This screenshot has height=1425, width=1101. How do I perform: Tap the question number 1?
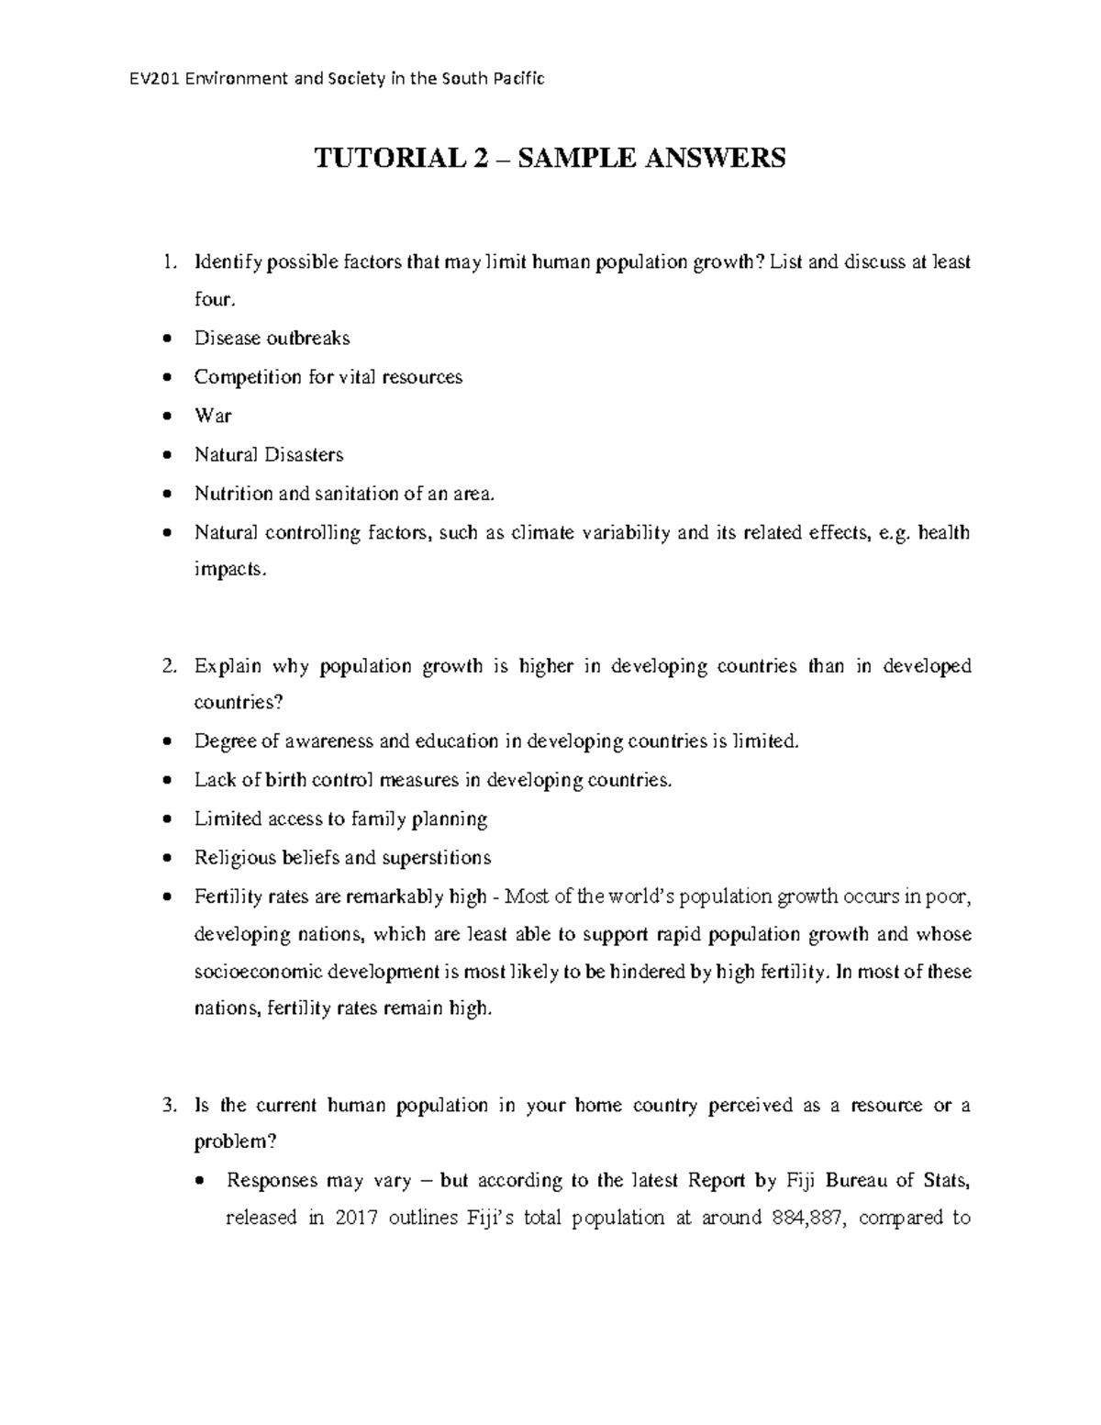165,262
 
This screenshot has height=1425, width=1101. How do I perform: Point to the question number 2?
165,666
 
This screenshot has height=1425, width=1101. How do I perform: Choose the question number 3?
165,1106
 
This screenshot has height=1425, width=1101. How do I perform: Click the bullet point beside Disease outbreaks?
165,340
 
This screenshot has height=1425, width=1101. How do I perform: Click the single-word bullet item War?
213,416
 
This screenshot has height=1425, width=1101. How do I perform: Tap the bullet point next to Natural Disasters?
165,455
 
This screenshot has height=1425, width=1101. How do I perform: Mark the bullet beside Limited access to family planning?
165,819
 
